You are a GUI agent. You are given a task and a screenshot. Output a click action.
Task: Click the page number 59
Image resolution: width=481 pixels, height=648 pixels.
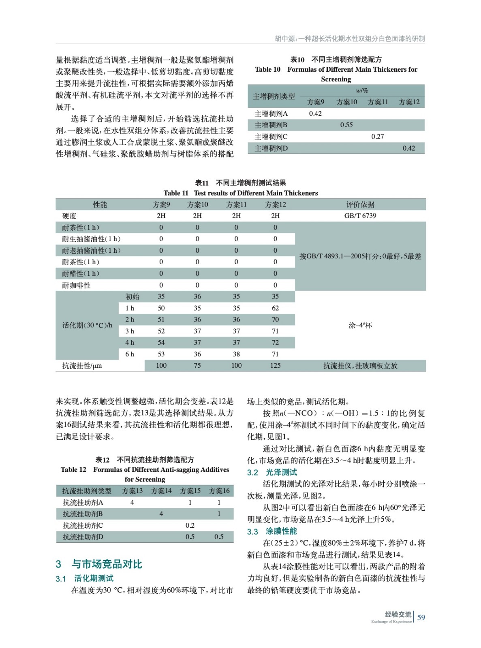(421, 617)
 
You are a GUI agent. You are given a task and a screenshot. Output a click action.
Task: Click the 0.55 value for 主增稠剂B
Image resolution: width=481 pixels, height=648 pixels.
(346, 125)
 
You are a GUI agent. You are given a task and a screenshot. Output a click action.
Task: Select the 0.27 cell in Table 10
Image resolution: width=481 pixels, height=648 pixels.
(377, 136)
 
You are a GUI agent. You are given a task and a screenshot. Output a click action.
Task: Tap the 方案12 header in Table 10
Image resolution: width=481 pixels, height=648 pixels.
(409, 102)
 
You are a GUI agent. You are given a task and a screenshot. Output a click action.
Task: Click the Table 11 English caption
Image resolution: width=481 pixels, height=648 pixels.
(240, 193)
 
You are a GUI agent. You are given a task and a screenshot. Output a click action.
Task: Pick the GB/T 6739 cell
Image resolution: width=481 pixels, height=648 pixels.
(360, 216)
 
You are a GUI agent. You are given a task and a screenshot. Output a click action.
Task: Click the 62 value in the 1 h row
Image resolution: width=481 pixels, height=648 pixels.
(275, 308)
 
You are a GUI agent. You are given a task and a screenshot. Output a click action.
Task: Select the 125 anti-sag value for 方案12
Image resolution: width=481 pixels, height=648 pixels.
(275, 365)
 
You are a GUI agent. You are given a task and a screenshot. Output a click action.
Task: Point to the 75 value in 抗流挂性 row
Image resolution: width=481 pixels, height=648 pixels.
(197, 365)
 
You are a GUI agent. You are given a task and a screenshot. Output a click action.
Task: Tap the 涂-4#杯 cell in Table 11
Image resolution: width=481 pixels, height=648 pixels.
(360, 325)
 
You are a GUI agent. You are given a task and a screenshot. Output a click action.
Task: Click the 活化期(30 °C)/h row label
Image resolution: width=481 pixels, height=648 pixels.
(88, 325)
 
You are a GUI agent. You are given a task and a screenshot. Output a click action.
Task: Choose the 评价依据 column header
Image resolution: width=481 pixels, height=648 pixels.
(360, 205)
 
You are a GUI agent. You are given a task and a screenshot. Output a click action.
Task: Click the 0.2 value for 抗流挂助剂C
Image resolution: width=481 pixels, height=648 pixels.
(190, 525)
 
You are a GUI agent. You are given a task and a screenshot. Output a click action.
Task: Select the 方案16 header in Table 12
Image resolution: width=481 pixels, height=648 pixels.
(219, 491)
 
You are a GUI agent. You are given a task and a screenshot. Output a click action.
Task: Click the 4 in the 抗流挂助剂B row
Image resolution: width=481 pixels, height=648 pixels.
(161, 514)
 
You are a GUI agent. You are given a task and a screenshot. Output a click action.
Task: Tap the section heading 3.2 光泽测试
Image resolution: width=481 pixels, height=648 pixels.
(272, 472)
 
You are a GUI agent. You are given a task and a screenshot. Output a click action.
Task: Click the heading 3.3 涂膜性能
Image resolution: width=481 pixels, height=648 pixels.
(272, 531)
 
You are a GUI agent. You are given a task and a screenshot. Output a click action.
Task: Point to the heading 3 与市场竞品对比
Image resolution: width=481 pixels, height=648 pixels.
(99, 564)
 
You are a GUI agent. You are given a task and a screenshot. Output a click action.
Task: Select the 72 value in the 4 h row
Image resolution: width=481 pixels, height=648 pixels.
(275, 343)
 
